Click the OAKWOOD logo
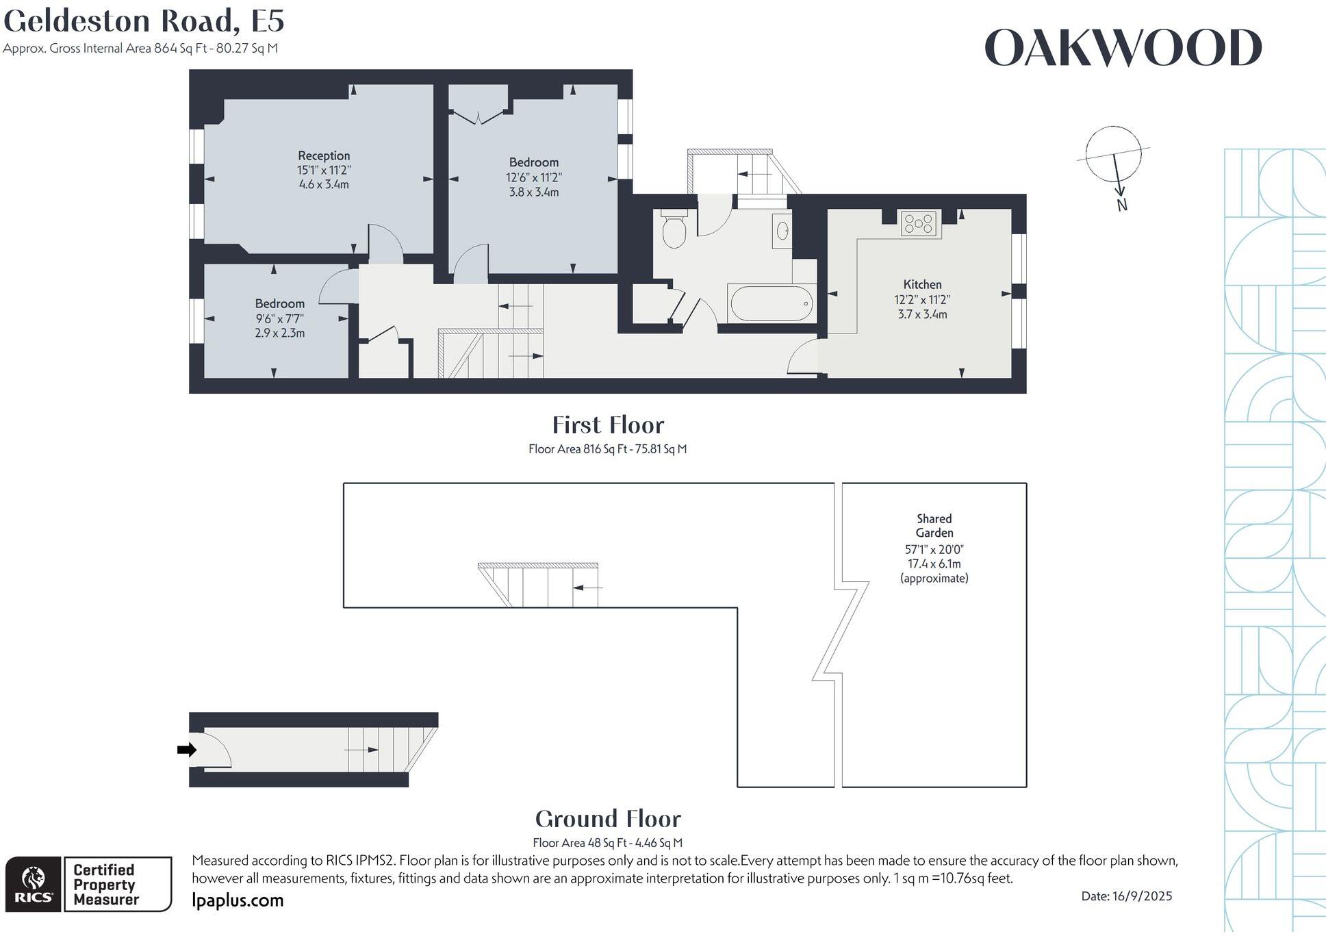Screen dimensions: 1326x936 pyautogui.click(x=1123, y=48)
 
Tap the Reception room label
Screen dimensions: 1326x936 pyautogui.click(x=324, y=155)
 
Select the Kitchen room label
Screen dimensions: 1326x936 pyautogui.click(x=922, y=284)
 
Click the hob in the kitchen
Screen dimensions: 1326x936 pyautogui.click(x=919, y=223)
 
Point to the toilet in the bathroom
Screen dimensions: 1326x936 pyautogui.click(x=674, y=229)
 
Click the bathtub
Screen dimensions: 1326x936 pyautogui.click(x=772, y=303)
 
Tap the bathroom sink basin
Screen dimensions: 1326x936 pyautogui.click(x=782, y=231)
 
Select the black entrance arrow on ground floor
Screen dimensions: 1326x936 pyautogui.click(x=186, y=750)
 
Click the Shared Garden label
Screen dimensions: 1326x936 pyautogui.click(x=934, y=526)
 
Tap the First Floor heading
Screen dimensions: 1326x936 pyautogui.click(x=608, y=425)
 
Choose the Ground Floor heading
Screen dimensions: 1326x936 pyautogui.click(x=608, y=819)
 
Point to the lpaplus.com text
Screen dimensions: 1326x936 pyautogui.click(x=238, y=900)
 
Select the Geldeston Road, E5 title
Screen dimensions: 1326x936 pyautogui.click(x=144, y=21)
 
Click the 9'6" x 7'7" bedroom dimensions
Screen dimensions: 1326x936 pyautogui.click(x=279, y=318)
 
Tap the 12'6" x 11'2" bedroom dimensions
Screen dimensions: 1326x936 pyautogui.click(x=534, y=177)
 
